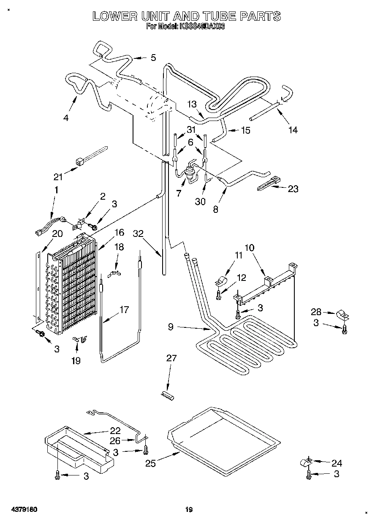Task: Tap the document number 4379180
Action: click(x=19, y=510)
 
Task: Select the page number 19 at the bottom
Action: click(x=189, y=510)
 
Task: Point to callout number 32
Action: click(x=138, y=234)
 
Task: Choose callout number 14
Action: click(x=293, y=130)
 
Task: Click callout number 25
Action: click(x=150, y=463)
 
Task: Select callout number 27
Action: click(x=171, y=358)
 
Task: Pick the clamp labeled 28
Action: click(x=341, y=315)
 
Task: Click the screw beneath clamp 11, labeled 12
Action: click(x=218, y=295)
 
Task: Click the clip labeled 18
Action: click(x=114, y=274)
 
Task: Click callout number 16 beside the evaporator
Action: click(x=120, y=232)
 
